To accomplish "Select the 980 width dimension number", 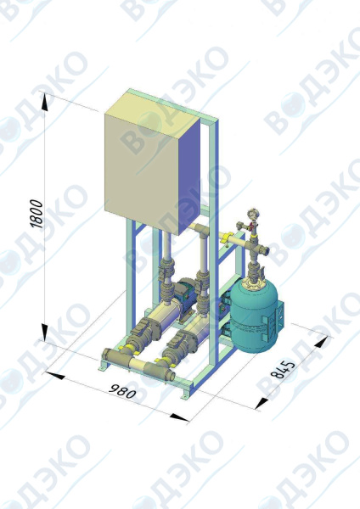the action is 122,391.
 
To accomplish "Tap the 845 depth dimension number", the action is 283,369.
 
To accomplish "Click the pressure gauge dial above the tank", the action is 252,215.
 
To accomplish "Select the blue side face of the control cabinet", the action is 189,172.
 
